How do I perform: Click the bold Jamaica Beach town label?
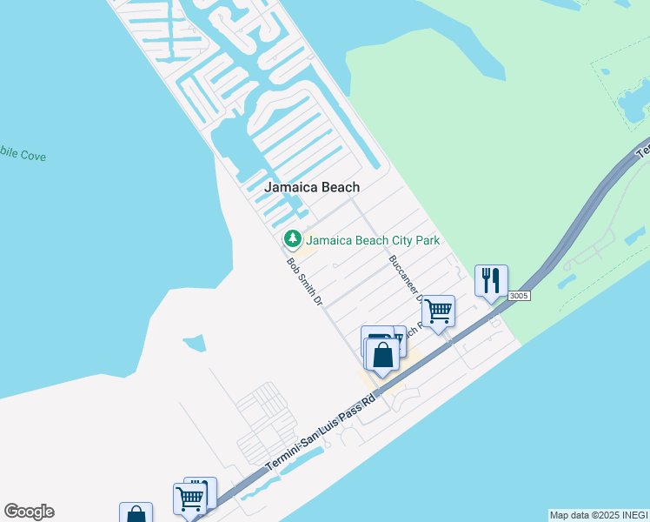[x=311, y=187]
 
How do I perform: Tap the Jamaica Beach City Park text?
[x=372, y=240]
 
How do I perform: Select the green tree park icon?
[x=293, y=238]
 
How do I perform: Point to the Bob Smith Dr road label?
[x=305, y=281]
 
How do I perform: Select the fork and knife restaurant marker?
[x=491, y=280]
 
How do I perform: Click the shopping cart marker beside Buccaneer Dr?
[x=438, y=311]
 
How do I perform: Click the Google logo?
[x=29, y=512]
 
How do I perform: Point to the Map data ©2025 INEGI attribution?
[x=598, y=515]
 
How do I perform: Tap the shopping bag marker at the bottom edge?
[x=136, y=513]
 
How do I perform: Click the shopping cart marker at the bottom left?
[x=189, y=499]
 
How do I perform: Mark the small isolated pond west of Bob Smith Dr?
[x=194, y=343]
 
